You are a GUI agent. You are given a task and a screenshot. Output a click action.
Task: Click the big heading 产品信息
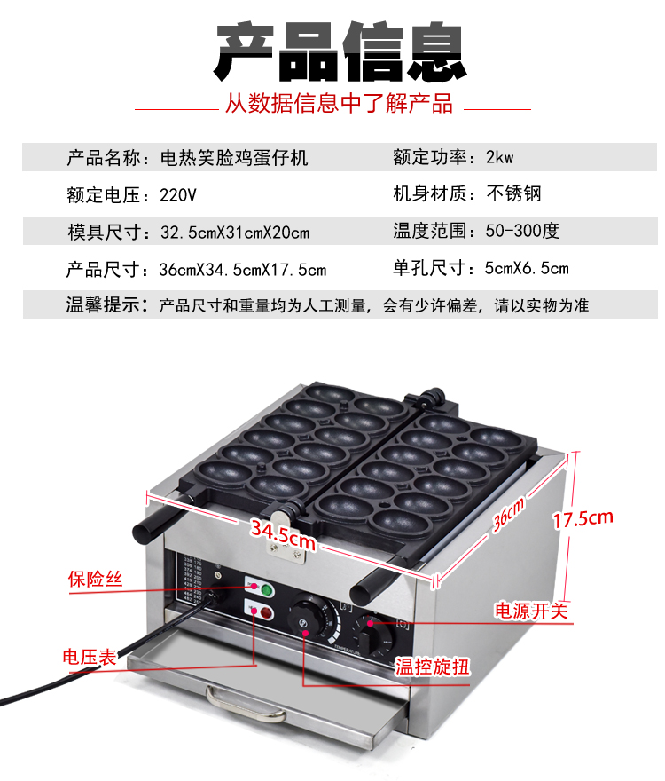(340, 51)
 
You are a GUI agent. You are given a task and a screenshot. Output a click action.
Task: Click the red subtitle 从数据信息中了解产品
(339, 103)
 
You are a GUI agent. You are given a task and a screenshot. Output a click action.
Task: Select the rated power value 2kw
(499, 157)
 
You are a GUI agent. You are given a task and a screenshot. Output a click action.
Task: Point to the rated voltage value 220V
(177, 194)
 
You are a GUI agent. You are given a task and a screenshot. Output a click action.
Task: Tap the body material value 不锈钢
(513, 193)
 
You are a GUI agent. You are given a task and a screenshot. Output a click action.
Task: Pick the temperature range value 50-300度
(522, 231)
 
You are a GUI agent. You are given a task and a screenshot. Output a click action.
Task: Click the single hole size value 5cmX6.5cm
(527, 268)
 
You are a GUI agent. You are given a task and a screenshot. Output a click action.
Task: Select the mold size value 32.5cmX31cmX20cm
(235, 233)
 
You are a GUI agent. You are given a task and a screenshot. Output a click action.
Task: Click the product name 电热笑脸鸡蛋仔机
(234, 158)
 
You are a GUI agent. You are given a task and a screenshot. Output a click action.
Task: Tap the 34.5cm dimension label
(283, 535)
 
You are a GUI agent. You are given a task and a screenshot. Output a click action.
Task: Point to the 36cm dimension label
(508, 515)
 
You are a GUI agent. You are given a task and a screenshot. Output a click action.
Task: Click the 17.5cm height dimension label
(583, 519)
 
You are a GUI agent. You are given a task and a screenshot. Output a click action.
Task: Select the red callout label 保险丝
(95, 579)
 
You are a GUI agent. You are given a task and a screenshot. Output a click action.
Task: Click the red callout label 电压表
(90, 657)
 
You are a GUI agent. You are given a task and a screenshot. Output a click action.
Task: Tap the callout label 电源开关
(531, 611)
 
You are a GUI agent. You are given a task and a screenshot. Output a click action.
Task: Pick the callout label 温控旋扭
(432, 667)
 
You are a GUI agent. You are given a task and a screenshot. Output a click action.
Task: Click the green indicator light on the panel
(267, 591)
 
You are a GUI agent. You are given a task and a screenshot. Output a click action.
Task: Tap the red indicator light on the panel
(266, 612)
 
